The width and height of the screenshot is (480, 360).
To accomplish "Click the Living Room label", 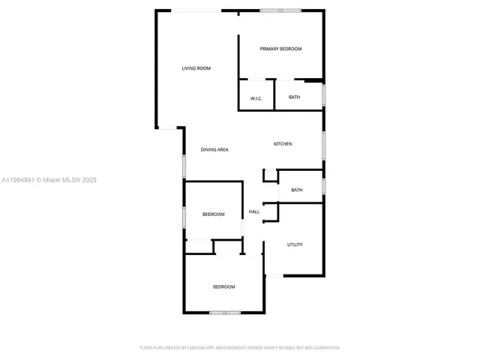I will (x=196, y=68).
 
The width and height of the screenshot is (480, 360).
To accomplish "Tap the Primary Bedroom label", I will (x=280, y=49).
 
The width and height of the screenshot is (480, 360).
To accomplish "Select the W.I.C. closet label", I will (x=256, y=97).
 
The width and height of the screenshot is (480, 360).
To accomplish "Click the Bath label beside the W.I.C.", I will (x=294, y=97).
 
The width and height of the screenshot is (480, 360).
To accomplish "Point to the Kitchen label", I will (x=283, y=144).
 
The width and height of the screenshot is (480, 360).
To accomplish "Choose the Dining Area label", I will (x=214, y=150).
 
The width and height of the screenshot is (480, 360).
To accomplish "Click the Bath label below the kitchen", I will (x=297, y=190).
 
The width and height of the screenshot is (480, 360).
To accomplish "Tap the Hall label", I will (x=254, y=212).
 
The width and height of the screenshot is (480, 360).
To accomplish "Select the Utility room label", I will (x=295, y=245).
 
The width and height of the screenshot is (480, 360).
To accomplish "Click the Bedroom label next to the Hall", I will (x=213, y=214).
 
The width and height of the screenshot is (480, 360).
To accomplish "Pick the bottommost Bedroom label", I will (x=223, y=287).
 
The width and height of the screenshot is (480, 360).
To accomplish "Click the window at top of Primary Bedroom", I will (x=280, y=10).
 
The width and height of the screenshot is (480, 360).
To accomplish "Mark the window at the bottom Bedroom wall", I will (x=224, y=312).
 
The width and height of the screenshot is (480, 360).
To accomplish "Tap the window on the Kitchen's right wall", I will (x=323, y=145).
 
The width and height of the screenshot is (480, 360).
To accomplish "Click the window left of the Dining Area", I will (x=184, y=165).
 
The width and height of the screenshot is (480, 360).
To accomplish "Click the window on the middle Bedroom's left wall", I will (x=184, y=216).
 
